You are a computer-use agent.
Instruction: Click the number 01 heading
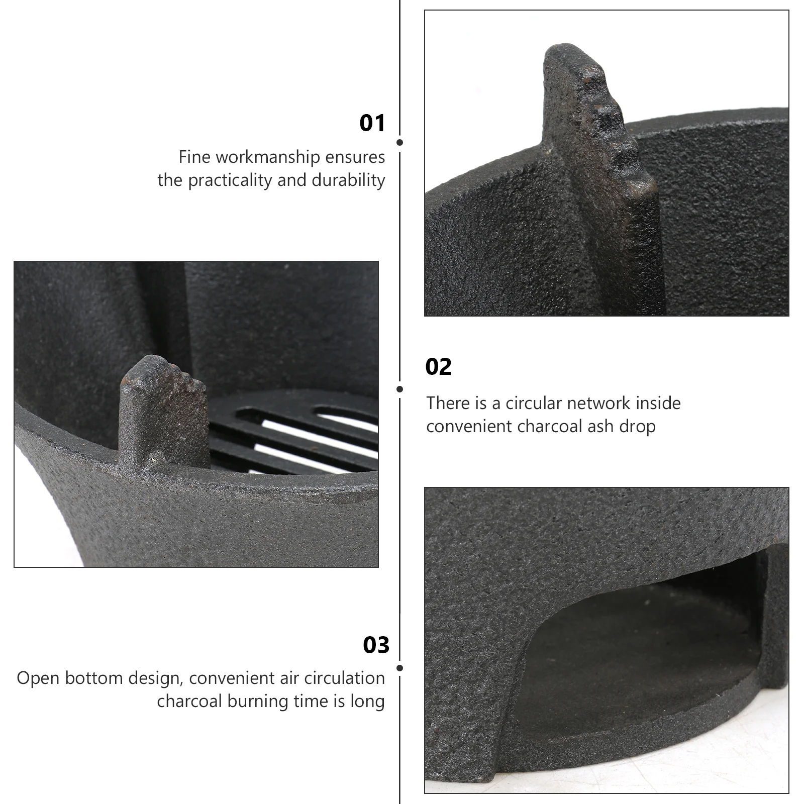[372, 123]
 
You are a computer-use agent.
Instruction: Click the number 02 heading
[438, 367]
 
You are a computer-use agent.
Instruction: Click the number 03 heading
[376, 645]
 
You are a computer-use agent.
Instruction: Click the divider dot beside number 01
[399, 143]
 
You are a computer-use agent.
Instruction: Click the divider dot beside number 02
[399, 389]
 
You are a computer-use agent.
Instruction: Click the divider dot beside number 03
[399, 668]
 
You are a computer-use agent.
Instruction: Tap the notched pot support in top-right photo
[598, 151]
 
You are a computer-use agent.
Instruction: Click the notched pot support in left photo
[163, 407]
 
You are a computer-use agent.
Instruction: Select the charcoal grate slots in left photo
[296, 432]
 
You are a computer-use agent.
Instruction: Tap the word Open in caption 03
[39, 678]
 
